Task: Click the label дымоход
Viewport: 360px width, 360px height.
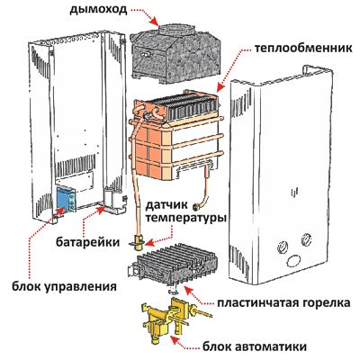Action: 99,10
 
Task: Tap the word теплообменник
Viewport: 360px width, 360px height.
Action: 303,49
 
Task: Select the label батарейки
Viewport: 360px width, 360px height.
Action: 87,242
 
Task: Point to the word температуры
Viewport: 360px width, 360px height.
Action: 185,219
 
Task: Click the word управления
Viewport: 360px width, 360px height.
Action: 81,286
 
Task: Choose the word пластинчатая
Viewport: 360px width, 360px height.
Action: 257,303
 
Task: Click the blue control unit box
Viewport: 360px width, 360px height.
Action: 66,198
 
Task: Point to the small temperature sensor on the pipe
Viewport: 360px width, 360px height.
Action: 139,242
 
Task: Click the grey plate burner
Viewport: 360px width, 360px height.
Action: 173,265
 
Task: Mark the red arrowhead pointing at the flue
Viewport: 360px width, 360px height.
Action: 154,22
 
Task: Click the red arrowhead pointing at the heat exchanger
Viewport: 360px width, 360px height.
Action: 220,86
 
